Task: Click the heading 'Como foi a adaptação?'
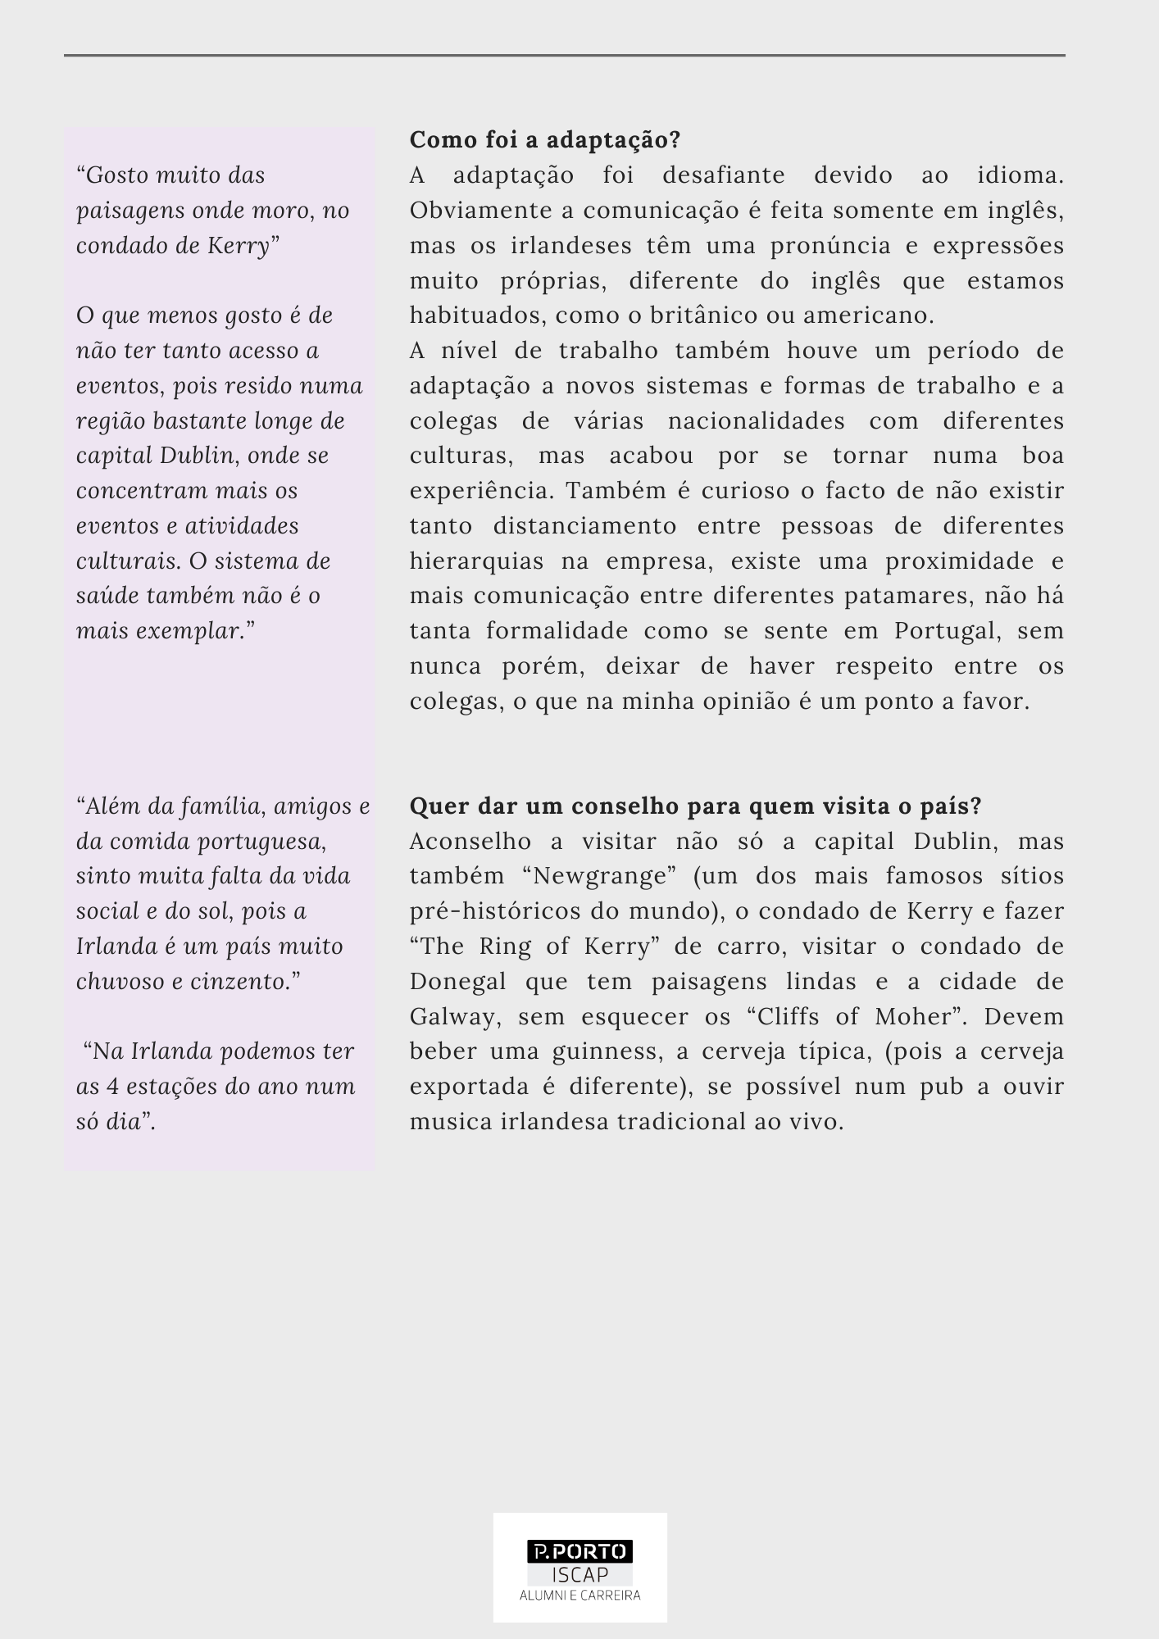tap(545, 140)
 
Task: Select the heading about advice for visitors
tap(695, 806)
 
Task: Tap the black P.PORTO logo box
tap(579, 1551)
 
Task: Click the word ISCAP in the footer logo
tap(579, 1574)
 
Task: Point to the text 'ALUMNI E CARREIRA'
tap(579, 1596)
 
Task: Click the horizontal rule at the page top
tap(565, 56)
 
